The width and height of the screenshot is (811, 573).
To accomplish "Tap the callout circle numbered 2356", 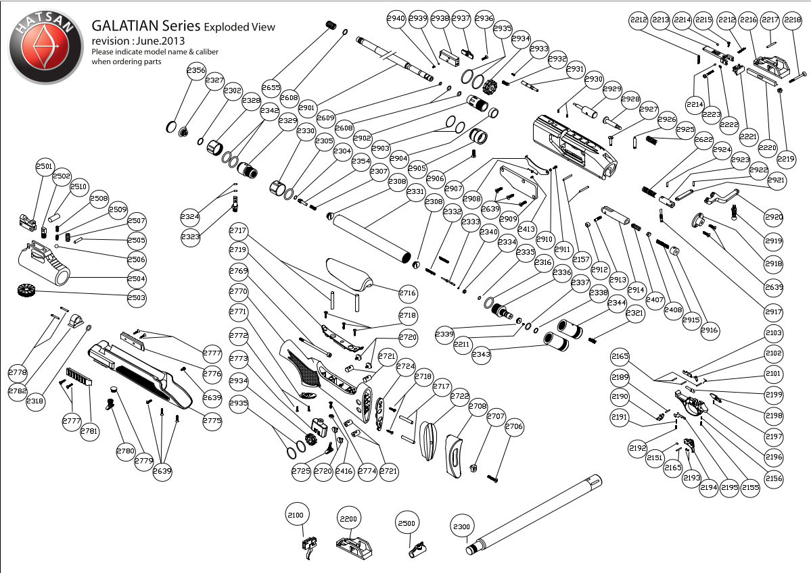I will click(x=196, y=71).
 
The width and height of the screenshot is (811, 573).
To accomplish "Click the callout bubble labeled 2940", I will click(x=397, y=19).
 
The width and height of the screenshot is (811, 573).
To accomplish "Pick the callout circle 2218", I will click(x=792, y=21).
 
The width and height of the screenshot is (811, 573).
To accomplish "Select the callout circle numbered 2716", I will click(x=407, y=293).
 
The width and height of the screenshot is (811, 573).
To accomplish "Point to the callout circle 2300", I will click(x=461, y=526).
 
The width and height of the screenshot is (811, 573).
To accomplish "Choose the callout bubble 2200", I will click(x=348, y=519).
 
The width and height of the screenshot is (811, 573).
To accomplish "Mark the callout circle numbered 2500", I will click(x=407, y=524).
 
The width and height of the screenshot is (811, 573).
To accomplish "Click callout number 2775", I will click(x=212, y=420).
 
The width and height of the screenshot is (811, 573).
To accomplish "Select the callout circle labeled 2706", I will click(x=514, y=426).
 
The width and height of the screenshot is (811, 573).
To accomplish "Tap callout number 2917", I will click(x=774, y=313).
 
